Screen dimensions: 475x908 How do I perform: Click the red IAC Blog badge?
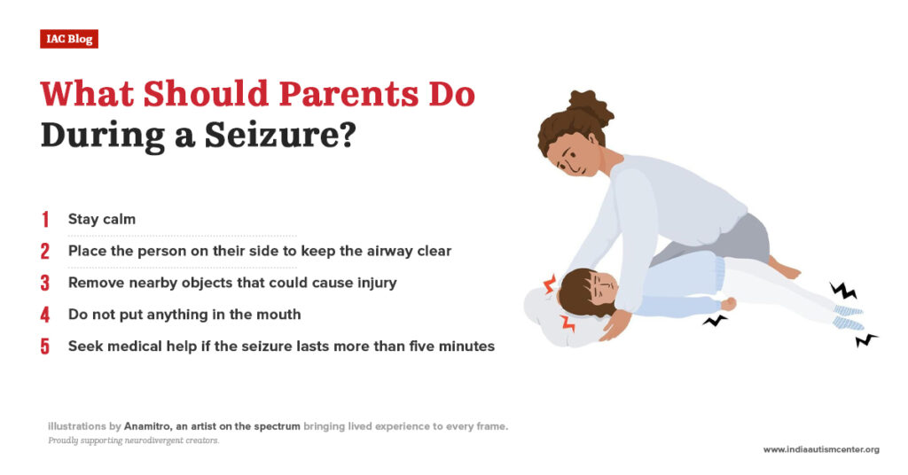[69, 38]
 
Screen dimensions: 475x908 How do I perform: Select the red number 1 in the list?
[45, 219]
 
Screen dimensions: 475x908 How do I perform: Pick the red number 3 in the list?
[45, 283]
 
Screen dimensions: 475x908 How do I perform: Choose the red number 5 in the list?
[45, 347]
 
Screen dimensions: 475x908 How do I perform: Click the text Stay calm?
[102, 219]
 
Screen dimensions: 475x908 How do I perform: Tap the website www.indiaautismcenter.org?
[821, 449]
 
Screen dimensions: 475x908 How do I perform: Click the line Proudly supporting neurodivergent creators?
[134, 440]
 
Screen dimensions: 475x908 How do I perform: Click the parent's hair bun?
[589, 107]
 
